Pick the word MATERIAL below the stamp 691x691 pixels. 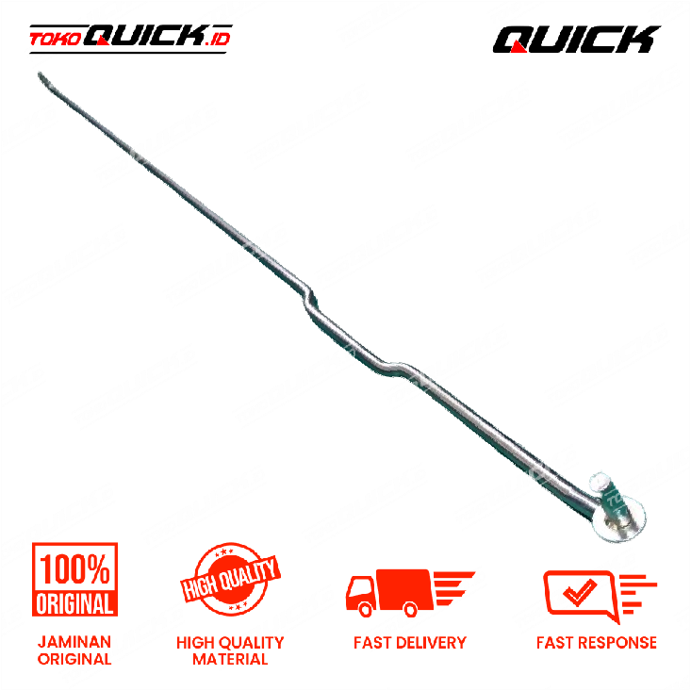coord(230,660)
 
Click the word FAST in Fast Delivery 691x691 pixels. coord(373,643)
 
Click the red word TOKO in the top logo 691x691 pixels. coord(54,40)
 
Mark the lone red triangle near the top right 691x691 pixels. coord(518,46)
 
